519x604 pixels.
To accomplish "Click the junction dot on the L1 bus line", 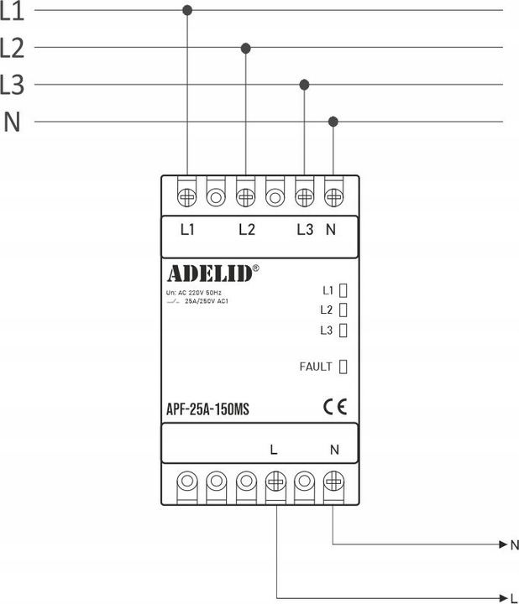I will (x=186, y=10).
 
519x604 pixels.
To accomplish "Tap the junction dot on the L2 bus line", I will (x=245, y=48).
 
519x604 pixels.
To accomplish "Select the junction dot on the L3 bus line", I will (x=305, y=84).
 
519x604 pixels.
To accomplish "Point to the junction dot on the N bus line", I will (x=333, y=122).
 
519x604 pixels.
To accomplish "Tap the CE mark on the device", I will (x=334, y=409).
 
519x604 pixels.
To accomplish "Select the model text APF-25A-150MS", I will (x=208, y=409).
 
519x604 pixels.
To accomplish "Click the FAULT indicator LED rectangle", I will (x=343, y=366).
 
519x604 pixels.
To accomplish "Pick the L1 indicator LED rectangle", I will (x=343, y=291).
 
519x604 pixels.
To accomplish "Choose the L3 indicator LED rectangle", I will (x=343, y=330).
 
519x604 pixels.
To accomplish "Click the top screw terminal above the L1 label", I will (x=186, y=197).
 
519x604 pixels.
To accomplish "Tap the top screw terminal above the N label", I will (x=333, y=197).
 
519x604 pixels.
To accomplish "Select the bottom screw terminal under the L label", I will (x=275, y=482).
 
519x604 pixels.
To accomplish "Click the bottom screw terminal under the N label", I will (x=333, y=482).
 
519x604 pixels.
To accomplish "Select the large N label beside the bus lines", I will (x=12, y=122).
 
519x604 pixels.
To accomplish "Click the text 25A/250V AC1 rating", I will (x=206, y=300).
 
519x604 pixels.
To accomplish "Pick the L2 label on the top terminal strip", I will (x=246, y=229).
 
